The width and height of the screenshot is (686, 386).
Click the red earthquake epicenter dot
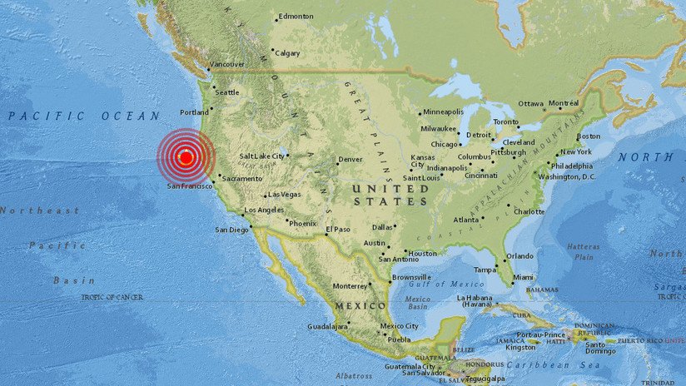(186, 156)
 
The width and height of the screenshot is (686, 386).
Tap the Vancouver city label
(226, 64)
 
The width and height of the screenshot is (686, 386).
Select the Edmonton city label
(296, 16)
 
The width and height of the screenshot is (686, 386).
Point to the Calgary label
(287, 52)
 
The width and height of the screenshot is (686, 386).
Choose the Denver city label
(350, 159)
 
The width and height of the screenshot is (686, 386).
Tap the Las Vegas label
(284, 195)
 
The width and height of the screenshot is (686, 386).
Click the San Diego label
(232, 230)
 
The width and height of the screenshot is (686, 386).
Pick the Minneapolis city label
(444, 112)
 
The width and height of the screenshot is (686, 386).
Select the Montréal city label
(564, 103)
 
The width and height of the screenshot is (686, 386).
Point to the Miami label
(523, 277)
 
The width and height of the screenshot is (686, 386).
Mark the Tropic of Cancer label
(112, 297)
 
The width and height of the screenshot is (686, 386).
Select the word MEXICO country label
(360, 306)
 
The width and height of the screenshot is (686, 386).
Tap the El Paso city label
(338, 230)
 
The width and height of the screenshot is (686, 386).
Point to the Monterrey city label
(349, 286)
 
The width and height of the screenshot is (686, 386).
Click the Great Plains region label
(375, 125)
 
